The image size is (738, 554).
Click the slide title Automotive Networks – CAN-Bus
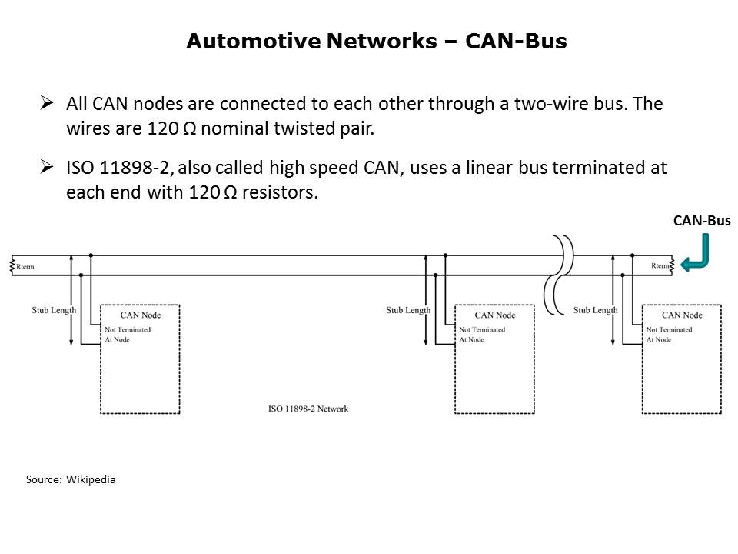(377, 42)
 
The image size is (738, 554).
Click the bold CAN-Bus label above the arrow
(701, 221)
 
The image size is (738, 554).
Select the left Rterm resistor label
(25, 266)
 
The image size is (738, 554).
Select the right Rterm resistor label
(660, 266)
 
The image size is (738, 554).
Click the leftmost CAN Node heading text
(141, 315)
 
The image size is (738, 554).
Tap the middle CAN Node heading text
(495, 315)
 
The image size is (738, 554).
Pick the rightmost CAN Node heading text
(682, 315)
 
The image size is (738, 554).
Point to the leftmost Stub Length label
(54, 310)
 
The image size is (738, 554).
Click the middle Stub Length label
(408, 310)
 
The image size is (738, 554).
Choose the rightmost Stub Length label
(595, 310)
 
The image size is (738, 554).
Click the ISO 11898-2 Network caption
(309, 409)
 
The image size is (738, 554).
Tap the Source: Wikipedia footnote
(71, 479)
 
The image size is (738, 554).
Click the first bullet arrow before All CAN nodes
(47, 102)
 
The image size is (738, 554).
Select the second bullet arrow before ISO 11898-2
(47, 167)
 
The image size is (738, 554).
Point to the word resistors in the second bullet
(278, 193)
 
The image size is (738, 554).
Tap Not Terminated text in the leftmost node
(128, 329)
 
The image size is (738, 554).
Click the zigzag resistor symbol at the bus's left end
(13, 265)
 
